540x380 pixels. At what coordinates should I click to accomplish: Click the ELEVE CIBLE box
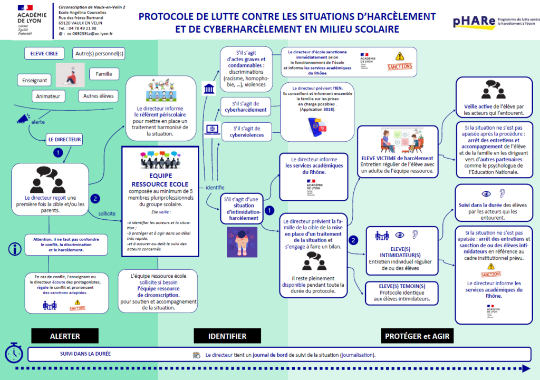45,53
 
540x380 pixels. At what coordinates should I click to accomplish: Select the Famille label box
104,74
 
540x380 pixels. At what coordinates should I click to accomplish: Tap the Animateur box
48,96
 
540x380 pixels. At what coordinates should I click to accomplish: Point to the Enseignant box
35,81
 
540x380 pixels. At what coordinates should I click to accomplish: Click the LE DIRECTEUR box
64,140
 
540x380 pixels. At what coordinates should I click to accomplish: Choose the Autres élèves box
98,96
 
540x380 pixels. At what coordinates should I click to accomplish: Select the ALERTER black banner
65,336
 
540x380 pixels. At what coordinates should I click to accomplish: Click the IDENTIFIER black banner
227,336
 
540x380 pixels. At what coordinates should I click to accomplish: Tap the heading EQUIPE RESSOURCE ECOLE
160,180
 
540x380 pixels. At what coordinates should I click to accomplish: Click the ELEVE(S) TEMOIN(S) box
402,293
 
